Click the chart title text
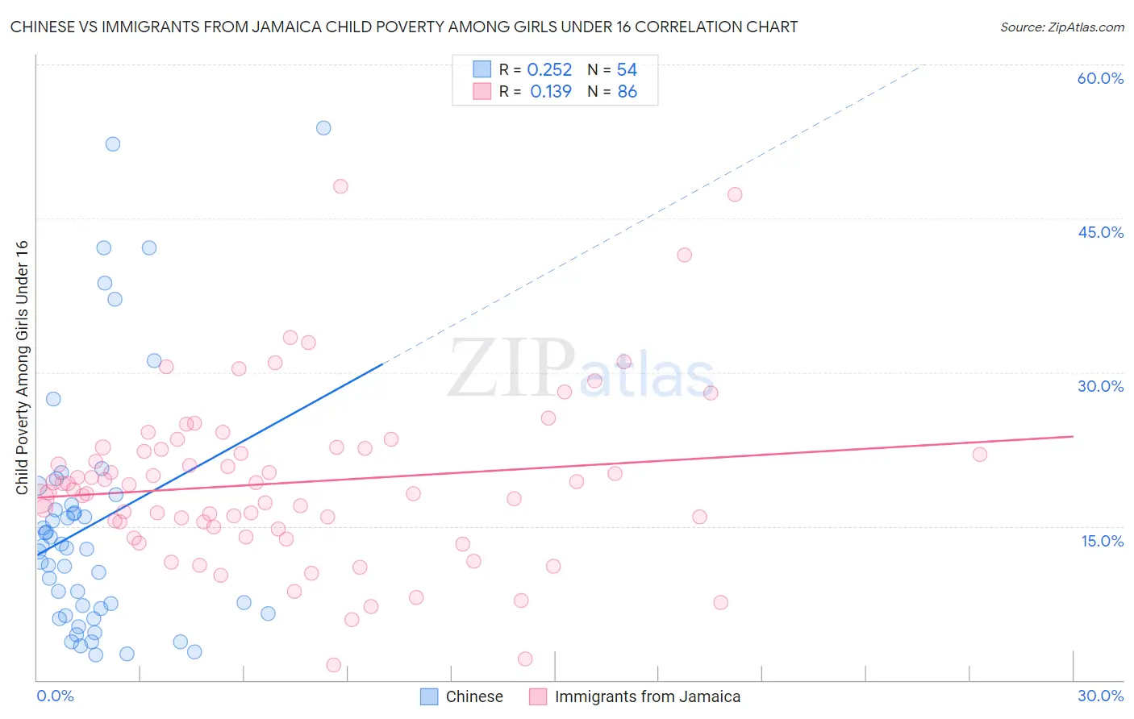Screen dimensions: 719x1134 [x=404, y=27]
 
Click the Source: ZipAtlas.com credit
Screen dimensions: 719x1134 [x=1061, y=27]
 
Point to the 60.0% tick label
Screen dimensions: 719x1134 [x=1100, y=78]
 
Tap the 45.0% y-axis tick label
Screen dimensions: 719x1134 [x=1100, y=232]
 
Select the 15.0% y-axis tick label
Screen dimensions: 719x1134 [x=1102, y=541]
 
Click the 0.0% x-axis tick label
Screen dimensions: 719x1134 [x=55, y=696]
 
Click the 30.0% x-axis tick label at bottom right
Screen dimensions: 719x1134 [x=1100, y=696]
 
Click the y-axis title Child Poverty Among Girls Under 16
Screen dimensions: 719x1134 [x=22, y=368]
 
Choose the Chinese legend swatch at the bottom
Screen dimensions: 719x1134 [x=429, y=696]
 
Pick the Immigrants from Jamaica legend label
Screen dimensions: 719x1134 [x=647, y=696]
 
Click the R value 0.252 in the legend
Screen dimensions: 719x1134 [x=549, y=70]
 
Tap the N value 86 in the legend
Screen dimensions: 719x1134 [x=627, y=92]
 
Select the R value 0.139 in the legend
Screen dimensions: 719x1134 [x=551, y=92]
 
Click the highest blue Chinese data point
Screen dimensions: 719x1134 [x=323, y=127]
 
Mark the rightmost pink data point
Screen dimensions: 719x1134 [x=979, y=454]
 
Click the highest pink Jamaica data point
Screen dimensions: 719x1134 [x=340, y=186]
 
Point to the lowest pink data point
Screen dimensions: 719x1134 [x=333, y=665]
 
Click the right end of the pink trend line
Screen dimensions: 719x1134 [x=1073, y=436]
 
